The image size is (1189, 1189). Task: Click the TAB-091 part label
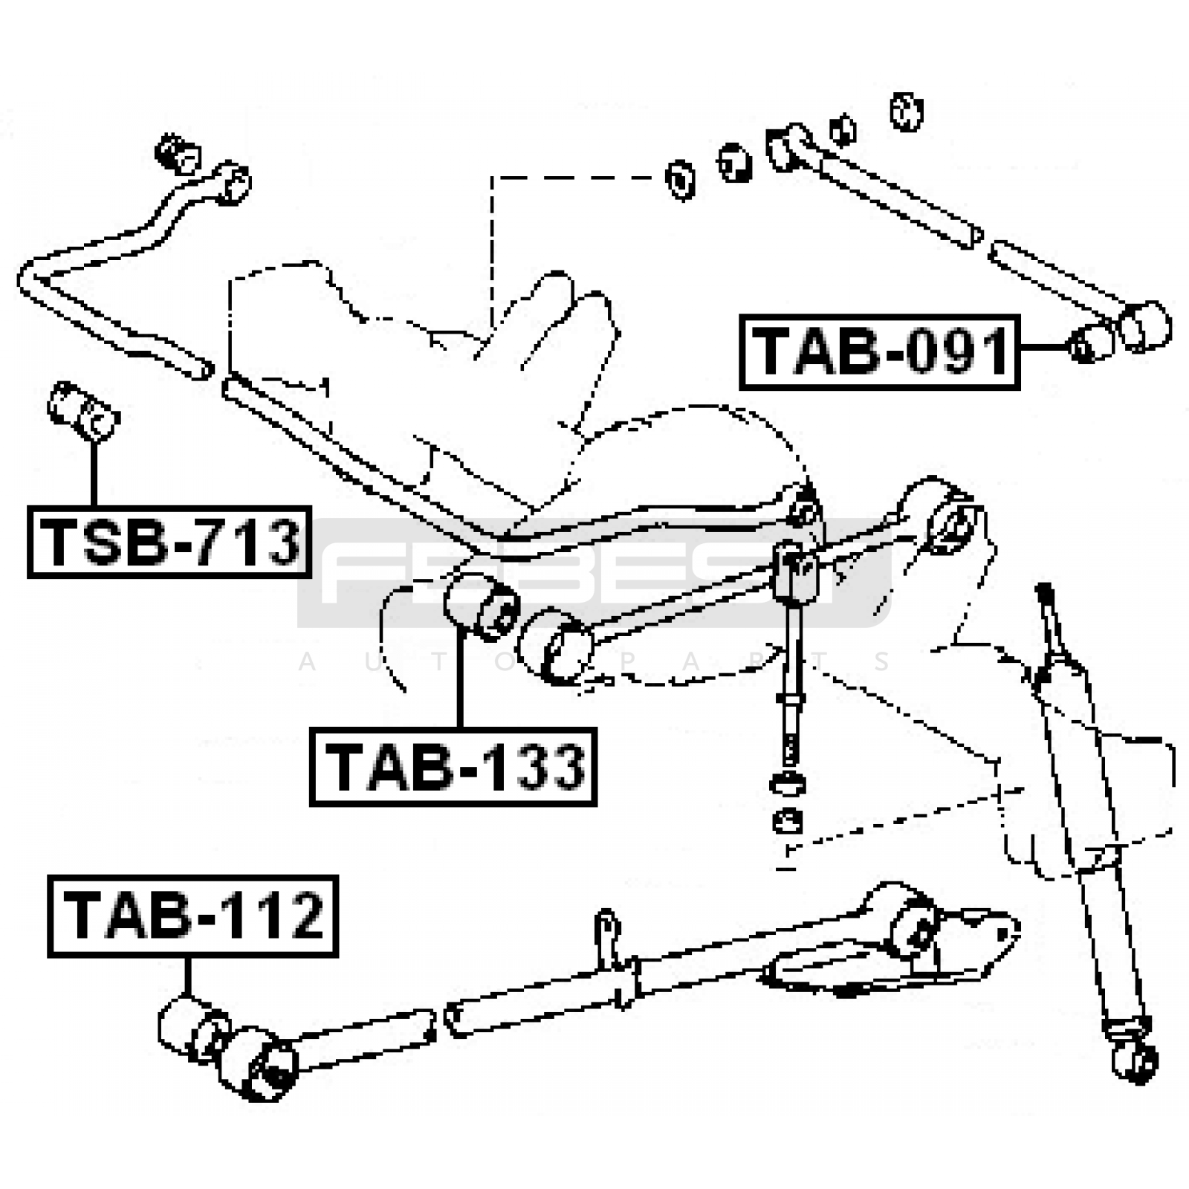pyautogui.click(x=879, y=351)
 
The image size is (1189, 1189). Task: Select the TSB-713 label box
pyautogui.click(x=169, y=542)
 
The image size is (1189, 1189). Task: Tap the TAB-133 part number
pyautogui.click(x=453, y=767)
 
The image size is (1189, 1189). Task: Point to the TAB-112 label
pyautogui.click(x=192, y=916)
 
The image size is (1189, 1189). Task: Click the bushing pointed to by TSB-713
pyautogui.click(x=82, y=411)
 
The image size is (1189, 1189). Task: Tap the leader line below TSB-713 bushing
pyautogui.click(x=94, y=473)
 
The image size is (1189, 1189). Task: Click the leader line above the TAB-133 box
pyautogui.click(x=460, y=678)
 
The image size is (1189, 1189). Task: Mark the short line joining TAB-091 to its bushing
pyautogui.click(x=1044, y=346)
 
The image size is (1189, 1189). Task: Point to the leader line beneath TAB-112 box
pyautogui.click(x=187, y=977)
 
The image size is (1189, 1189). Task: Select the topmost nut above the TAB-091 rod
pyautogui.click(x=906, y=111)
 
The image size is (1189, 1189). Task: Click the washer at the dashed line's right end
pyautogui.click(x=680, y=179)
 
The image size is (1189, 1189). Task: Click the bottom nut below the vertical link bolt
pyautogui.click(x=787, y=821)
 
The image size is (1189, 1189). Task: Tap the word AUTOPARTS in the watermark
pyautogui.click(x=594, y=661)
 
